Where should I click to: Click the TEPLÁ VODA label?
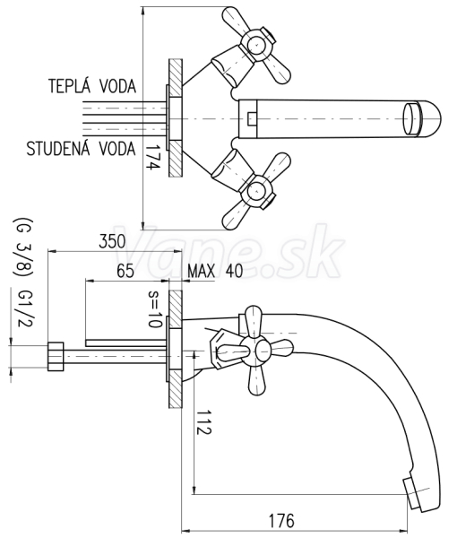pos(92,86)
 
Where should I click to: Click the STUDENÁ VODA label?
pos(82,149)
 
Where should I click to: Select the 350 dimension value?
pos(112,241)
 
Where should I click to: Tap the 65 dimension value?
pos(125,271)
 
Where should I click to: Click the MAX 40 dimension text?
pos(215,271)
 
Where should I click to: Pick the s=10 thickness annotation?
pos(153,309)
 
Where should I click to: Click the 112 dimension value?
pos(203,421)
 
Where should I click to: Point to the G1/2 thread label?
pos(24,308)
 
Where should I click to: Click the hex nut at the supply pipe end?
pos(56,356)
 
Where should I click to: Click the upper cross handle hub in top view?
pos(256,45)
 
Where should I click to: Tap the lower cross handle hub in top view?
pos(256,193)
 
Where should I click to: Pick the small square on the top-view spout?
pos(251,118)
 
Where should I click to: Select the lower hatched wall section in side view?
pos(176,388)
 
